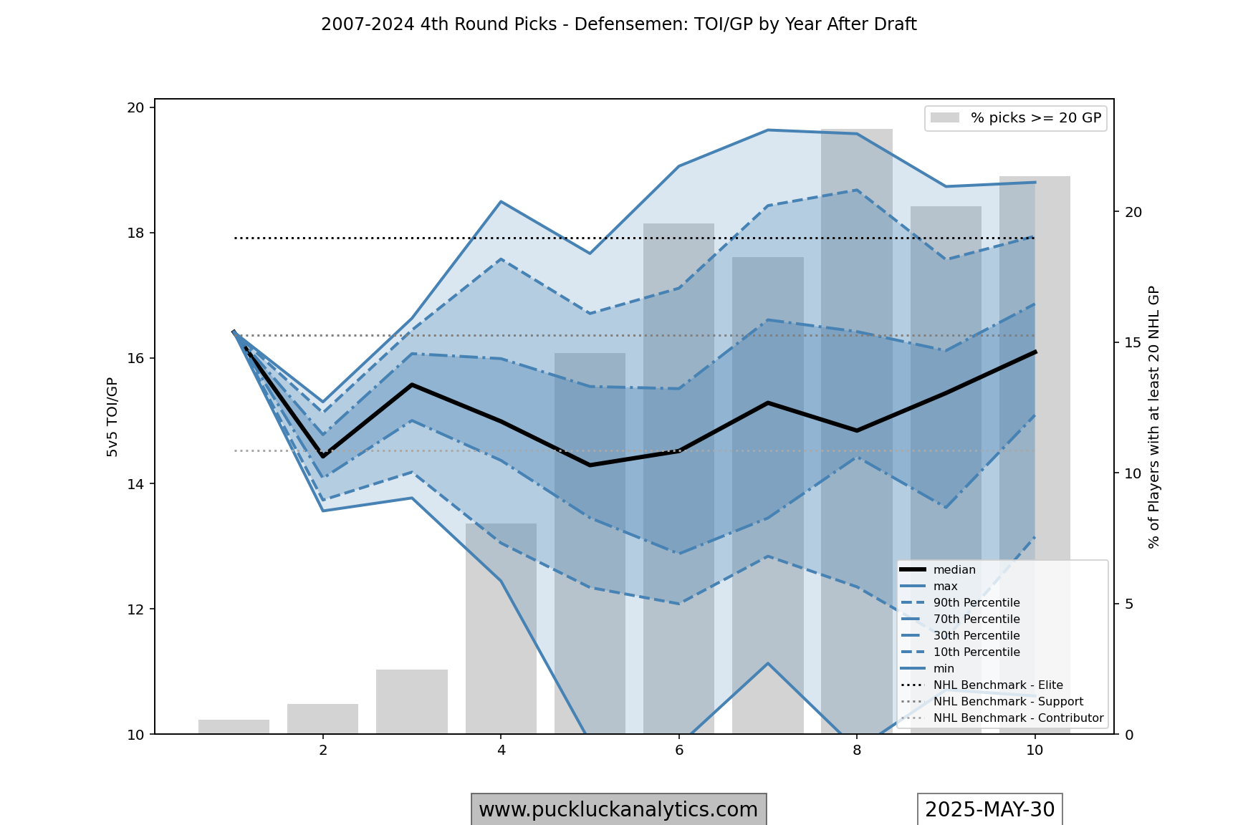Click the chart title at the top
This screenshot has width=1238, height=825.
[x=618, y=24]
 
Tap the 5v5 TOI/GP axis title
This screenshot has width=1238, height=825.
[x=112, y=417]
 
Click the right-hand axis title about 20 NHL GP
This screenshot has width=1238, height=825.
[x=1153, y=417]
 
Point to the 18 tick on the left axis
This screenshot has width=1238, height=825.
[x=135, y=233]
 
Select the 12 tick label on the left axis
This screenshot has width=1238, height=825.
[x=135, y=609]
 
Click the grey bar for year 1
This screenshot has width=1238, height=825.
[x=234, y=727]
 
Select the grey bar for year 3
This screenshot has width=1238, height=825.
[x=412, y=702]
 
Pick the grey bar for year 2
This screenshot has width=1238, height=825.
[x=322, y=719]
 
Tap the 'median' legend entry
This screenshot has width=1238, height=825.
[x=954, y=570]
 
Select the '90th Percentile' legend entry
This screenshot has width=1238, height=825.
[x=976, y=603]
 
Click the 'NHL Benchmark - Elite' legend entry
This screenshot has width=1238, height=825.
[x=997, y=685]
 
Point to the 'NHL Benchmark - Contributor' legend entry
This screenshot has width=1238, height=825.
[x=1017, y=718]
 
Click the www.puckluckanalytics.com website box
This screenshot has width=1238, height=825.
[x=618, y=809]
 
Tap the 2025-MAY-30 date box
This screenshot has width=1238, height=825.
[x=989, y=809]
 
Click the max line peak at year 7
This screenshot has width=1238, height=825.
[x=767, y=130]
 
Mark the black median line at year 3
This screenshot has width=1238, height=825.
[x=412, y=385]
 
